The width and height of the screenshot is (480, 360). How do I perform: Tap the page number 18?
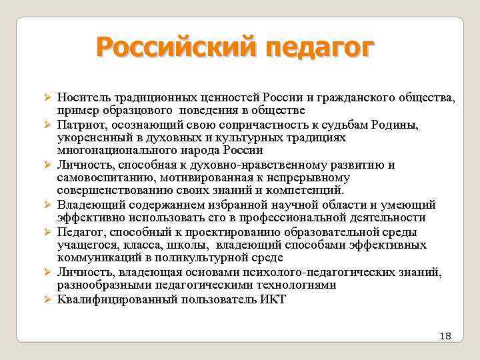445,336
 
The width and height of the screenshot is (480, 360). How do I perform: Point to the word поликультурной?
211,258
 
